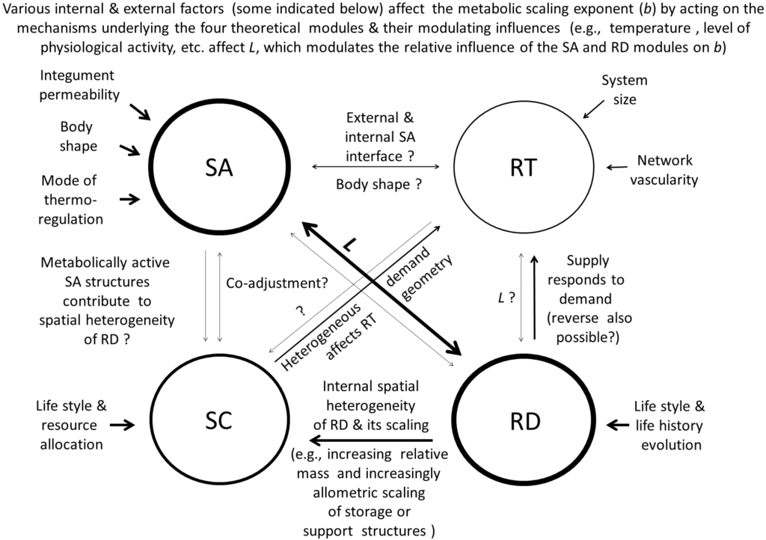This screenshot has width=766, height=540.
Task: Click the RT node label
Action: (524, 168)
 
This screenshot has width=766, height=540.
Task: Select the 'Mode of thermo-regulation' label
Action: (73, 200)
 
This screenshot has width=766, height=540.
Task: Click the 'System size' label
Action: (624, 89)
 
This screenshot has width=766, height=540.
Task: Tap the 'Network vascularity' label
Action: (665, 169)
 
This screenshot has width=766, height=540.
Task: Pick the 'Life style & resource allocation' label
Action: (72, 425)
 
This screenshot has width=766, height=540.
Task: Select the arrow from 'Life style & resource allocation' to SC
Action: (121, 425)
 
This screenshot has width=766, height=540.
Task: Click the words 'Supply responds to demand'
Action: (588, 279)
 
